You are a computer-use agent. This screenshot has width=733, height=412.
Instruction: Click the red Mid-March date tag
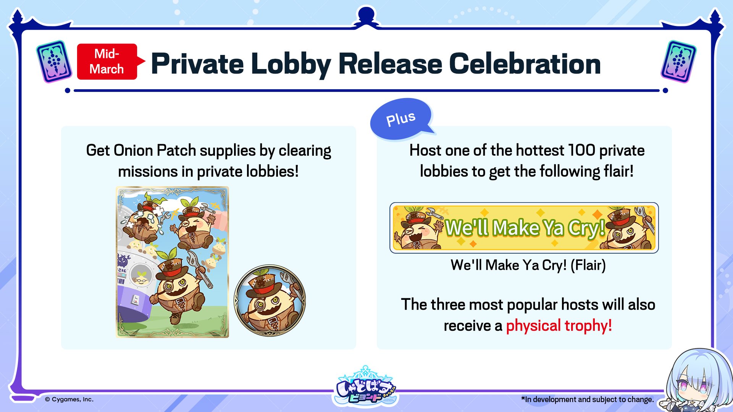(x=107, y=61)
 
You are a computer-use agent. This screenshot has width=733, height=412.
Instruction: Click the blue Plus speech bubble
(x=402, y=119)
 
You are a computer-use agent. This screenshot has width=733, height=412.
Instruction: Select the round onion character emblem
(x=270, y=301)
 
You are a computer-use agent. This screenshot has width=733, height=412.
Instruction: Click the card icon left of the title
(x=54, y=61)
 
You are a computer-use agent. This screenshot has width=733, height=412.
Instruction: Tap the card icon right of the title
(x=678, y=61)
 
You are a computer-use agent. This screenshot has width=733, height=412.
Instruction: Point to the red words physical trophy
(x=559, y=326)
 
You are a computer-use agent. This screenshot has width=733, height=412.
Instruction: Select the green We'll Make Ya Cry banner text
(x=525, y=228)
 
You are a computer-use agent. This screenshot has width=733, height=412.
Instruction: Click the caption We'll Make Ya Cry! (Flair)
(x=528, y=265)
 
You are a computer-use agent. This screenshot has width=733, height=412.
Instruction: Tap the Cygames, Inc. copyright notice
(x=69, y=399)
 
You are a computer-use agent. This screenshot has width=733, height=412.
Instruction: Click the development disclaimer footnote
(x=588, y=399)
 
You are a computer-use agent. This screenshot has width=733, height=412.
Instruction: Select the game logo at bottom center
(x=366, y=386)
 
